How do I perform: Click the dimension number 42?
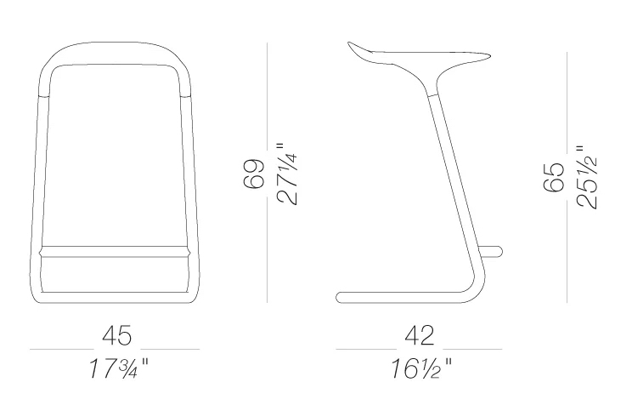(419, 336)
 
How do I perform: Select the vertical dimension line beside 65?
(567, 174)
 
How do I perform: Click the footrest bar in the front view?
(114, 251)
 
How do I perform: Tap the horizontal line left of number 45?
(59, 349)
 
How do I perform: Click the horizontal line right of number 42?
(476, 349)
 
